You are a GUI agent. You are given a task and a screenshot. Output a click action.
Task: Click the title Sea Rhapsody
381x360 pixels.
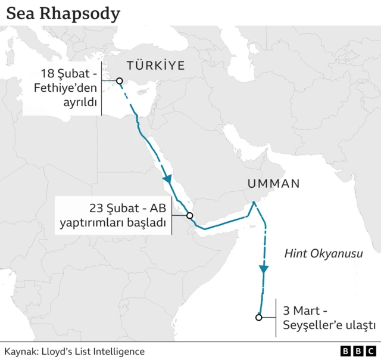(x=63, y=13)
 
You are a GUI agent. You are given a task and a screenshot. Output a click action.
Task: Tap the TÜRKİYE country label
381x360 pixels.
(x=155, y=66)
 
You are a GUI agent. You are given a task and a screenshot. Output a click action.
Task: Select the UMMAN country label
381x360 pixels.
(x=273, y=184)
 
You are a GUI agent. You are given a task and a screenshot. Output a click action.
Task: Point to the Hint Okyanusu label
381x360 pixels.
(x=323, y=253)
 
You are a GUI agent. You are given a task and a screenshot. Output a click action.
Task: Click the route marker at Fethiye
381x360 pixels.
(x=120, y=81)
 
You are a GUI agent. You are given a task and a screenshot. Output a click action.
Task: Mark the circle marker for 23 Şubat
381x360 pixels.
(x=190, y=216)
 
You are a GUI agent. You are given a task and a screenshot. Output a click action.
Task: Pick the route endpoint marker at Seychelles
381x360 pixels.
(x=258, y=317)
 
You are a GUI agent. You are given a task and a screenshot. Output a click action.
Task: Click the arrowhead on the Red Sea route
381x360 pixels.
(x=168, y=179)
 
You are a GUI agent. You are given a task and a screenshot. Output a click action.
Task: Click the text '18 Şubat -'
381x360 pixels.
(x=67, y=74)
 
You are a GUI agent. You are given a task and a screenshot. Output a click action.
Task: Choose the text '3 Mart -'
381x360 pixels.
(x=305, y=311)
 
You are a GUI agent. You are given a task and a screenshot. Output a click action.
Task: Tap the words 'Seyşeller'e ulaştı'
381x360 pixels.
(x=329, y=325)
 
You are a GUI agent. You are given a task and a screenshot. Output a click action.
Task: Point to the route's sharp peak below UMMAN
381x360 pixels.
(x=254, y=203)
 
